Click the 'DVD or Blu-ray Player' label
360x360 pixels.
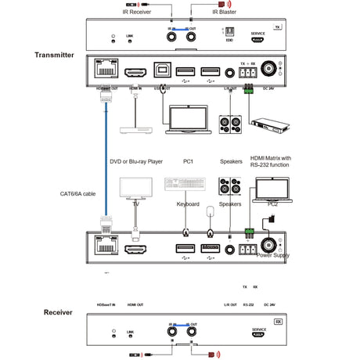[x=135, y=162]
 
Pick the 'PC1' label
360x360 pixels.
[x=188, y=162]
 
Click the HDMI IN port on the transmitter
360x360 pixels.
[x=135, y=74]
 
